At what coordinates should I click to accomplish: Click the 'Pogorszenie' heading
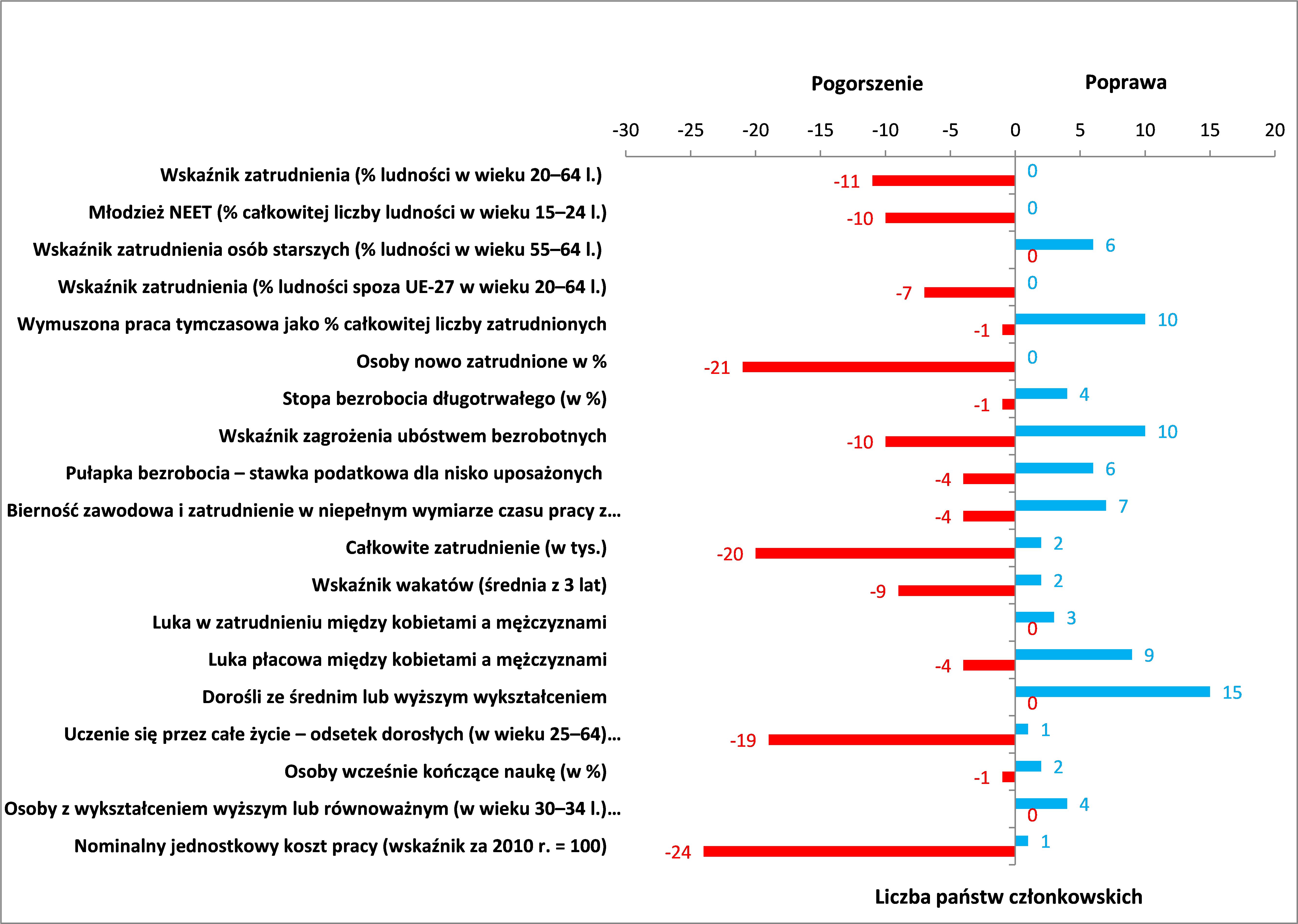867,84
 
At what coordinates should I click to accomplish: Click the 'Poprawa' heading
1126,83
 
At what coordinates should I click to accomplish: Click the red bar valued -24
859,851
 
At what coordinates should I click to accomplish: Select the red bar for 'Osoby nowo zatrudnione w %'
878,367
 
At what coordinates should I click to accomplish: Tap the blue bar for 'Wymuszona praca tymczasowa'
1080,319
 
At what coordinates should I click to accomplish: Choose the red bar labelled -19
892,740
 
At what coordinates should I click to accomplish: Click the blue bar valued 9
1073,654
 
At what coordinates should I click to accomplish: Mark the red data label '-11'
847,182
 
